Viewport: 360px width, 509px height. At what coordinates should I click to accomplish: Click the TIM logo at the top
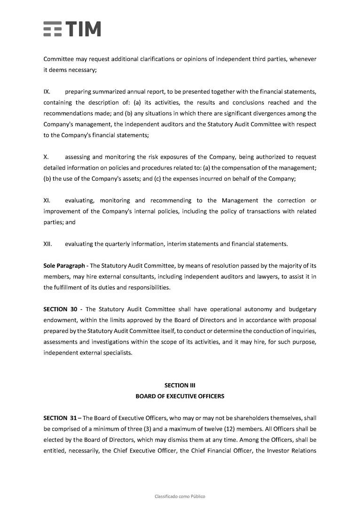coord(72,29)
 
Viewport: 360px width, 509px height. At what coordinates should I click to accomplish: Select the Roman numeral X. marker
coord(46,157)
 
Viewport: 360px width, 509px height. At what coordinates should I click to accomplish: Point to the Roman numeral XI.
coord(47,201)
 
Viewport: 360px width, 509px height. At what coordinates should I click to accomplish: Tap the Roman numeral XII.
coord(47,244)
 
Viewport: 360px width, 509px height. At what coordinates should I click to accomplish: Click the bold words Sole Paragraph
coord(64,266)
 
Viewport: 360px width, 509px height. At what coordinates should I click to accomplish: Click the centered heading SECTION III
coord(180,386)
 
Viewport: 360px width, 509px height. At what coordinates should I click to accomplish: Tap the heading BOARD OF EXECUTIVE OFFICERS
coord(180,396)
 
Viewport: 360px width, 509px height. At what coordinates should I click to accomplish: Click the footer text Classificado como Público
coord(180,496)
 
